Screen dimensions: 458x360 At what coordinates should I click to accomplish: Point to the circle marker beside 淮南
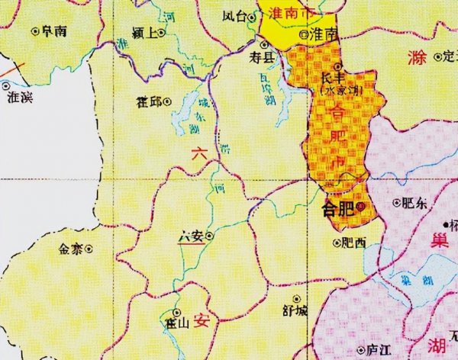coord(303,34)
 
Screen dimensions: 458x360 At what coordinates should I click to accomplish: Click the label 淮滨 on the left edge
coord(20,98)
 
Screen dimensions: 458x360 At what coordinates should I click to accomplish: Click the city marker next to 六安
coord(210,236)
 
